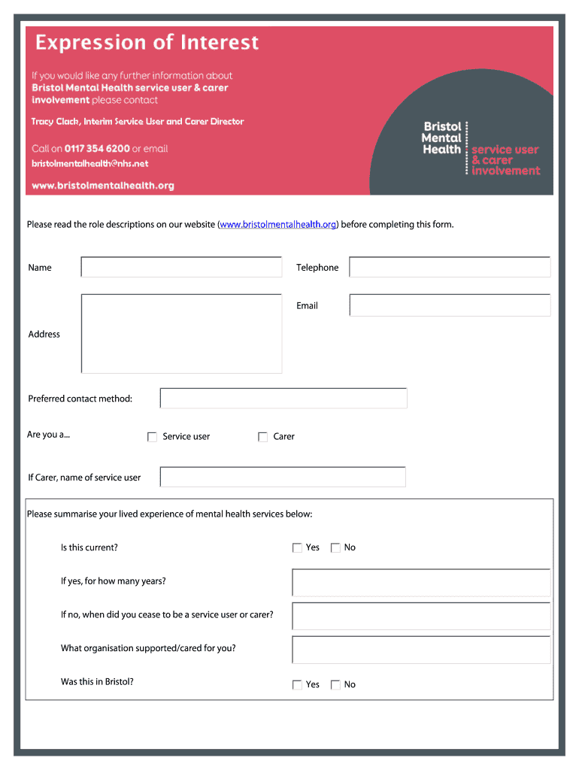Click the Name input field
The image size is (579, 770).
click(181, 267)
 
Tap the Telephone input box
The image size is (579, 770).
click(450, 267)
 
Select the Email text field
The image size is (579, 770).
click(450, 305)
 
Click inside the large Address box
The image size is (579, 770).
click(181, 333)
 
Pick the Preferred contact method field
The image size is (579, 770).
click(283, 399)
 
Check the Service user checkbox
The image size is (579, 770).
click(152, 437)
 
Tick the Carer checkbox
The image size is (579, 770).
click(262, 437)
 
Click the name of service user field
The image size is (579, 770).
click(283, 477)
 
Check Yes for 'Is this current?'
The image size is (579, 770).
click(297, 548)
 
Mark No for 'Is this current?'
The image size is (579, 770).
click(335, 548)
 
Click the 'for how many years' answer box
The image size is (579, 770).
click(421, 583)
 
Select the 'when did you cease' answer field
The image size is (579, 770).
click(421, 616)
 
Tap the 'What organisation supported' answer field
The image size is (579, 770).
click(421, 650)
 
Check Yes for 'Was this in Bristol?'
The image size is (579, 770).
click(297, 685)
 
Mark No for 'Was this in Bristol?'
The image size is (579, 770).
click(335, 685)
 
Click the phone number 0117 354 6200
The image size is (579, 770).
click(97, 149)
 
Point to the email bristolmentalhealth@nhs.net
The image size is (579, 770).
click(89, 164)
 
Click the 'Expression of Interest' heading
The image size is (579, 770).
click(147, 43)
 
